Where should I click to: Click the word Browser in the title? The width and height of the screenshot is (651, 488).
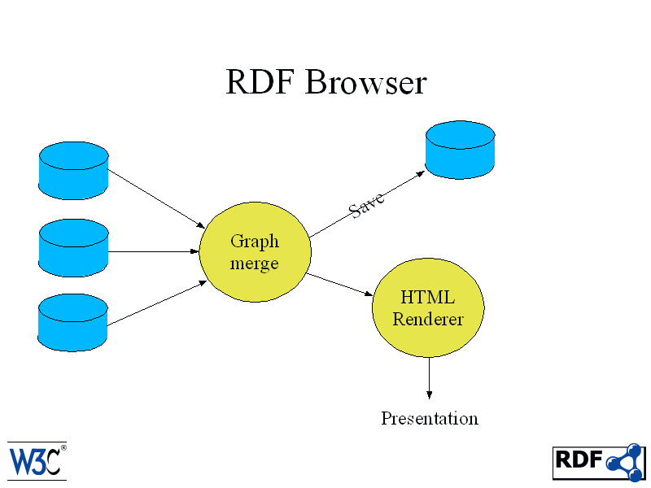click(x=366, y=82)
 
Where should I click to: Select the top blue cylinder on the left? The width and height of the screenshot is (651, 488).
click(x=73, y=171)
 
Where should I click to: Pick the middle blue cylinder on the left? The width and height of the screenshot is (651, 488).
click(x=73, y=248)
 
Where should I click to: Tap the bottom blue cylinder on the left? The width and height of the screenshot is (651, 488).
click(x=72, y=322)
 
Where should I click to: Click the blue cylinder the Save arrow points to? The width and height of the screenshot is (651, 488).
click(x=460, y=150)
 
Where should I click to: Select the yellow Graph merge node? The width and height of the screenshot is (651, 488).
click(x=255, y=252)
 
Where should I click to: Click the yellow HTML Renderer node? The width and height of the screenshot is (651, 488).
click(x=428, y=307)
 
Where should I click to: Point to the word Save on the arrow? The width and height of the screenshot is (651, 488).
click(x=366, y=204)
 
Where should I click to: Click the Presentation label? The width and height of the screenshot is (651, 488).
click(x=430, y=418)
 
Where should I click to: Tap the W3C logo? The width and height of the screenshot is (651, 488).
click(x=37, y=461)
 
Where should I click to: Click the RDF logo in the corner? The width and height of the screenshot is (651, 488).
click(x=599, y=462)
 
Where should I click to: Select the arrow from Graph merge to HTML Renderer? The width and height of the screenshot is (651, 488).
click(x=339, y=284)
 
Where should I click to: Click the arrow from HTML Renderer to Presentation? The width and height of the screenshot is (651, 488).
click(x=430, y=378)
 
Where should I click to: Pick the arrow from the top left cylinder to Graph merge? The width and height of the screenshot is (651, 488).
click(x=156, y=198)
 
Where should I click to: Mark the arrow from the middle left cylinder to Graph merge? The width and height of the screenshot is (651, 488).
click(x=154, y=251)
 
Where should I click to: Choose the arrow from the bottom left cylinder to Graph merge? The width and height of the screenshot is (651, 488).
click(x=157, y=303)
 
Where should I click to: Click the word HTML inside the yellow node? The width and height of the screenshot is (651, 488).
click(x=428, y=297)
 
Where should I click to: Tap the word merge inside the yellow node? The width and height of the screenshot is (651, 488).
click(x=254, y=264)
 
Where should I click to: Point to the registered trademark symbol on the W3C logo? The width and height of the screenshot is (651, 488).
click(x=63, y=448)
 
